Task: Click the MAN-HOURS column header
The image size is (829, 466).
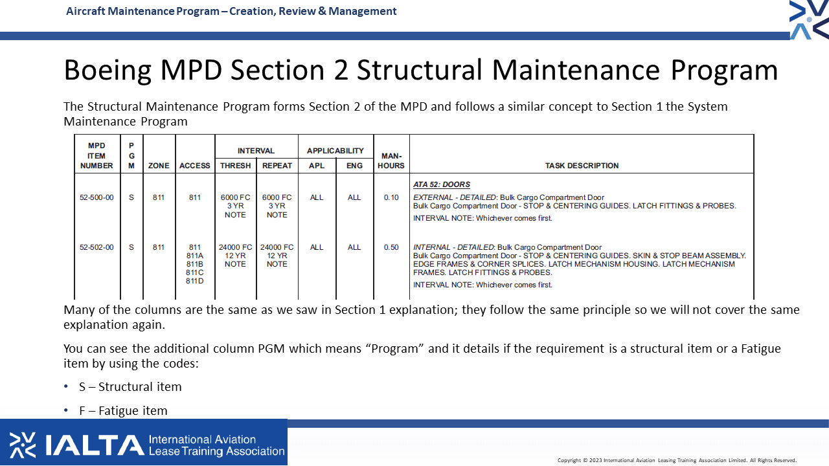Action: [391, 161]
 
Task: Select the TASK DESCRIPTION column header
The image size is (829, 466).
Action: [582, 166]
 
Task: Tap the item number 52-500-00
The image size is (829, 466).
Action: [97, 197]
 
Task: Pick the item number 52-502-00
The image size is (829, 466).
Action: [97, 247]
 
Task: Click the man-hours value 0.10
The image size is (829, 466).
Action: [391, 197]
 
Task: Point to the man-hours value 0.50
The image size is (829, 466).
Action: [391, 247]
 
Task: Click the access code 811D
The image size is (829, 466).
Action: [195, 281]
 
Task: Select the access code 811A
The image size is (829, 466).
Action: [195, 256]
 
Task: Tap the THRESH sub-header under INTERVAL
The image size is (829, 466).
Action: [235, 166]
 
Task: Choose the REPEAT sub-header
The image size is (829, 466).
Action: [277, 166]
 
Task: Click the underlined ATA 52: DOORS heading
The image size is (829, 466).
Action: [442, 184]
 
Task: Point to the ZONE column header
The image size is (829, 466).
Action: [159, 166]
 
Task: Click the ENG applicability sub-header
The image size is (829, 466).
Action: [354, 166]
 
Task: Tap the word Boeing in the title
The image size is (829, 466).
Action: [108, 71]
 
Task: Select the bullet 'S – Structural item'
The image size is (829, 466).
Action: [130, 387]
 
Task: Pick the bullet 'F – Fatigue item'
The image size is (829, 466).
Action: [123, 411]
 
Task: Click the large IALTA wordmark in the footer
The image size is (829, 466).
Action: [95, 445]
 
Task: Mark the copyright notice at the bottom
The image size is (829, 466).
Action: [677, 460]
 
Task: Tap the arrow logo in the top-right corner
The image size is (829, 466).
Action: [809, 19]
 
